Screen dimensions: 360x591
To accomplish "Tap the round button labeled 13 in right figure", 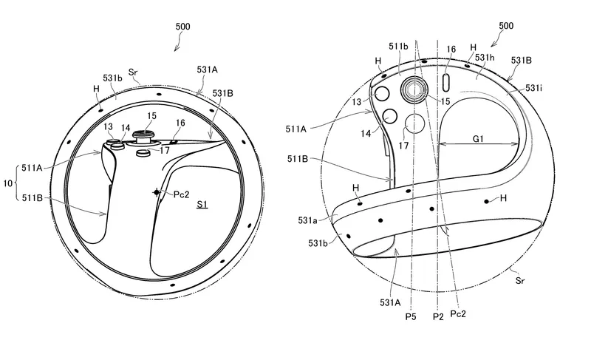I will (x=383, y=93).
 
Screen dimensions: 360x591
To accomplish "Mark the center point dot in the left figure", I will (x=157, y=192).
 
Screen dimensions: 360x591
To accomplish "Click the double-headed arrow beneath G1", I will (x=479, y=145).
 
